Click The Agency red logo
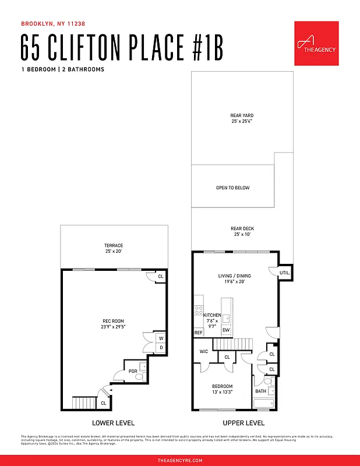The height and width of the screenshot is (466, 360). [316, 44]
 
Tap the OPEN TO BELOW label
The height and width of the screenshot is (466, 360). [232, 188]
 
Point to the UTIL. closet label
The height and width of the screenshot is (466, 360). [285, 273]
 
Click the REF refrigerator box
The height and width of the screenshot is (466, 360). [198, 333]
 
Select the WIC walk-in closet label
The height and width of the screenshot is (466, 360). [204, 351]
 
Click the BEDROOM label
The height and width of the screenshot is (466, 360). [222, 386]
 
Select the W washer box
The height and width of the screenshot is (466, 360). [161, 337]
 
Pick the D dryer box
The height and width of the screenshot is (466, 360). [161, 348]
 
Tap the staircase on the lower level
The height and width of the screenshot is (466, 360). [83, 403]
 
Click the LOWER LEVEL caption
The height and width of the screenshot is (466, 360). [114, 423]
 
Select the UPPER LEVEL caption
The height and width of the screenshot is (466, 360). [243, 423]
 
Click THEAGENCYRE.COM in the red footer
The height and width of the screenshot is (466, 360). [180, 460]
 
